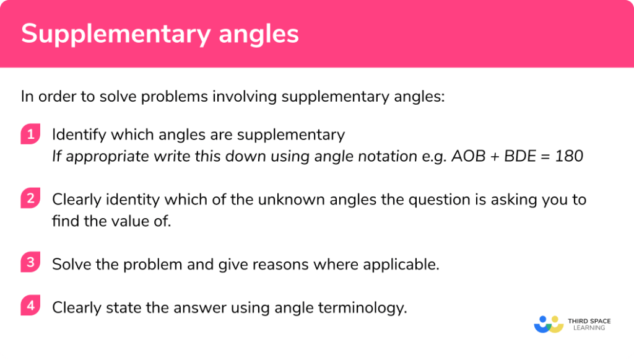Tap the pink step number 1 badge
click(29, 134)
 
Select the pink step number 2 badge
click(29, 200)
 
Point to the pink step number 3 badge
click(29, 263)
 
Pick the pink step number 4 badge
click(29, 306)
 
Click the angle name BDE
click(516, 156)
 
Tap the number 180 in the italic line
click(570, 156)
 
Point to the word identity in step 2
click(128, 200)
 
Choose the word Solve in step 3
click(69, 263)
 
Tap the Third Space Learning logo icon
click(548, 324)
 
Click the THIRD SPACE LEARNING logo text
click(589, 325)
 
